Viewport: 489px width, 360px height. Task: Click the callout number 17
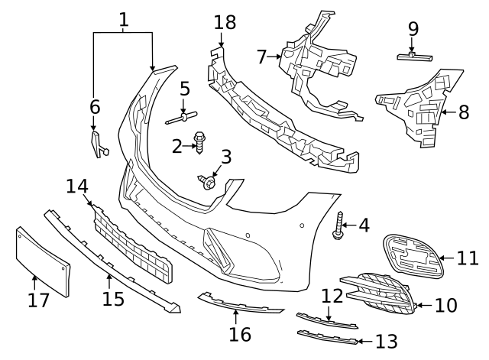click(38, 300)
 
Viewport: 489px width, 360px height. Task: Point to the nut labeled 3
click(208, 182)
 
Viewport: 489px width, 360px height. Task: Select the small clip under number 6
click(98, 144)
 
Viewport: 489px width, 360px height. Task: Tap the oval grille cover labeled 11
click(412, 255)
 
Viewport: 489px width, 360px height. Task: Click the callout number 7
click(262, 57)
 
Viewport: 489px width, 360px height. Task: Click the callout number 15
click(113, 299)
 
